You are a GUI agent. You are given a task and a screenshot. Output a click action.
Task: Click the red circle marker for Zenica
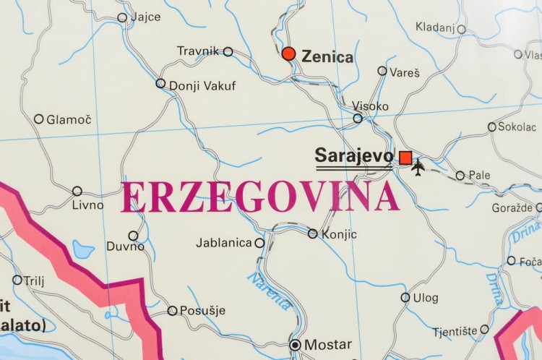coord(288,53)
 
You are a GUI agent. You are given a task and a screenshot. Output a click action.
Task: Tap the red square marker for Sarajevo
coord(405,158)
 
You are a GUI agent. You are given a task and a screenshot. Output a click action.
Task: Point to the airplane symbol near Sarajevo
coord(418,167)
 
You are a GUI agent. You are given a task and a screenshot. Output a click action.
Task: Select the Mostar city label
coord(327,345)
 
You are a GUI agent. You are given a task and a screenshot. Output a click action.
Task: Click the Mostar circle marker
coord(295,345)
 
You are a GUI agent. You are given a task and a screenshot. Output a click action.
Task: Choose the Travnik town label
coord(197,51)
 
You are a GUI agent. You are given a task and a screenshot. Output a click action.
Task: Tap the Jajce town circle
coord(122,17)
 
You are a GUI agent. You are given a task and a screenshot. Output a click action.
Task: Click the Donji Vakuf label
coord(202,86)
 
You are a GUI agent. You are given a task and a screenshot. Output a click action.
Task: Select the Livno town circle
coord(77,191)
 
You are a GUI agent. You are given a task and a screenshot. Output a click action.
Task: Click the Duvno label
coord(125,247)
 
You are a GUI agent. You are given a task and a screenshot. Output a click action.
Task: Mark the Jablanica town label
coord(224,243)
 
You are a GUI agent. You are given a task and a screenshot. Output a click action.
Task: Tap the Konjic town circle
coord(312,233)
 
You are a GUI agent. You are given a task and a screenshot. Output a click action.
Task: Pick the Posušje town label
coord(202,311)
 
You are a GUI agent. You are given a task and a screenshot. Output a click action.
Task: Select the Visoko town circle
coord(358,119)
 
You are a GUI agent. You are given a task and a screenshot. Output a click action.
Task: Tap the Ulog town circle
coord(405,297)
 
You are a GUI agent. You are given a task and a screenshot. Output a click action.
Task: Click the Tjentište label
coord(455,331)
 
